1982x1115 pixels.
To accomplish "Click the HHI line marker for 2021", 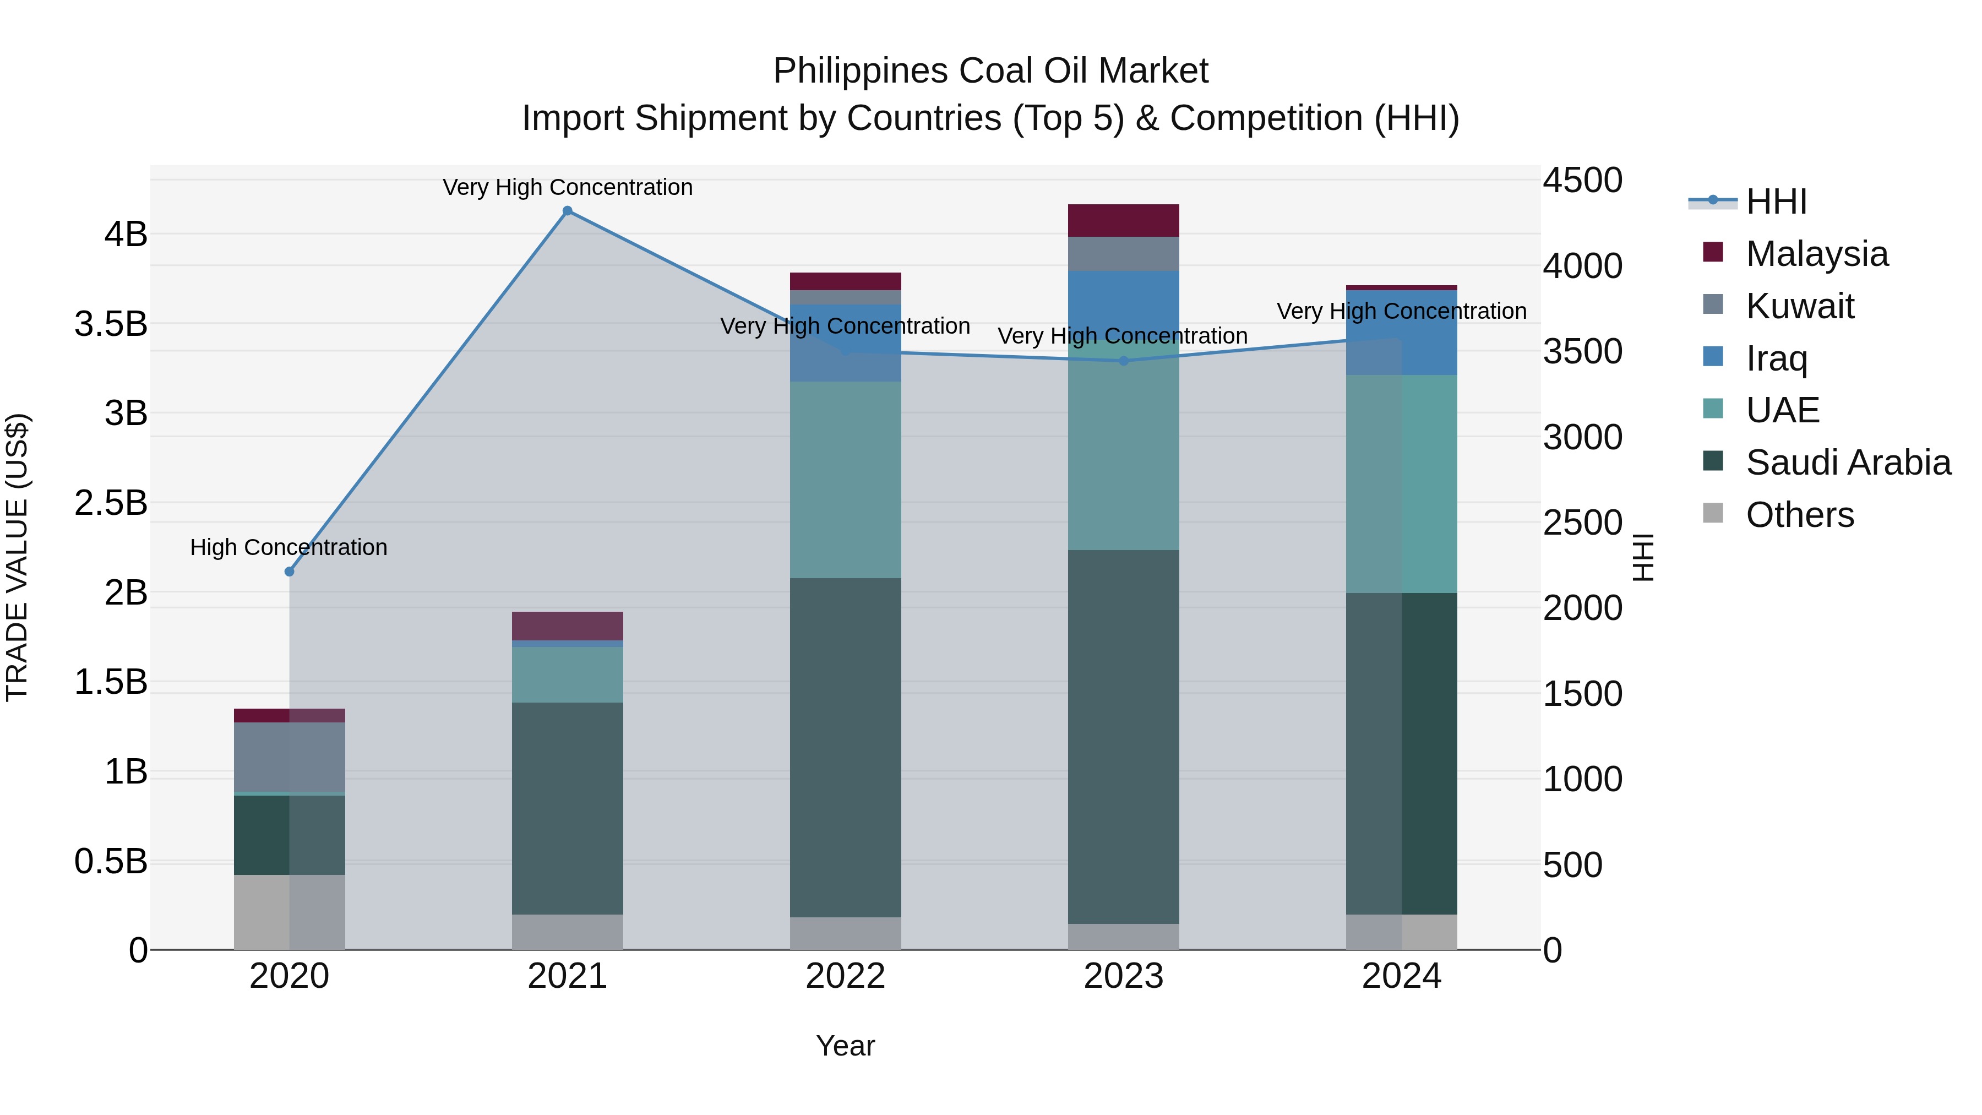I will coord(567,211).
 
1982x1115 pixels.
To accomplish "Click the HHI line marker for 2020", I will coord(289,572).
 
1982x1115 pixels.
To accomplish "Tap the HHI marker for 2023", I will coord(1123,361).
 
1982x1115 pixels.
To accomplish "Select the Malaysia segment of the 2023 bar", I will coord(1123,221).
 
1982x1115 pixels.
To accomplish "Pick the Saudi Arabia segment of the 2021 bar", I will coord(567,808).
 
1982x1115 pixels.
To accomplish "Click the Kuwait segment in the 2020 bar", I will coord(289,757).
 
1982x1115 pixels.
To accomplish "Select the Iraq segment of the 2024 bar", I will coord(1401,333).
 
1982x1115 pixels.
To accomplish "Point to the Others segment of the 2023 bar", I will coord(1123,937).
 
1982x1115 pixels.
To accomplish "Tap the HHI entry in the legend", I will coord(1776,202).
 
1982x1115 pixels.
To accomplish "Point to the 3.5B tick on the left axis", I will coord(111,324).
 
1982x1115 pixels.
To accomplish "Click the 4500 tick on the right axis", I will coord(1582,181).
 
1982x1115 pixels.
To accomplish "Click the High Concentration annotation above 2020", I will coord(288,547).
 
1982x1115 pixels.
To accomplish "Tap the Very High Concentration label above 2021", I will coord(567,187).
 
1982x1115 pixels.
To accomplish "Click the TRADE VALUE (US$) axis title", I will coord(17,557).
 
